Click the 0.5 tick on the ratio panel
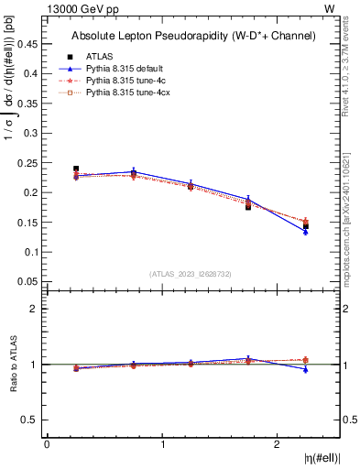28,420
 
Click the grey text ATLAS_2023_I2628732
191,273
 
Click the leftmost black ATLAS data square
76,169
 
